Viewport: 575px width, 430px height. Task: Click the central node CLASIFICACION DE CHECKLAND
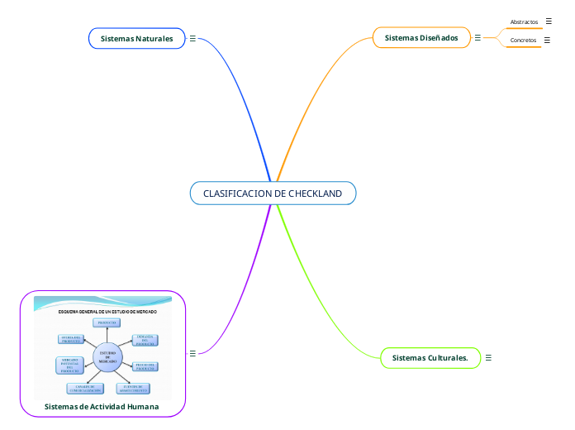(x=273, y=193)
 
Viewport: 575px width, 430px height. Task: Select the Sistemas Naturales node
(x=136, y=39)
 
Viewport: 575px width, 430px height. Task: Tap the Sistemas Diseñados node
(x=421, y=38)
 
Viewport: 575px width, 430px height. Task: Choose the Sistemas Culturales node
(x=430, y=358)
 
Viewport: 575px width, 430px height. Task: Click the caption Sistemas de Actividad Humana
(x=102, y=407)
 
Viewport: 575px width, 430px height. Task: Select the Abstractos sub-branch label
(x=524, y=21)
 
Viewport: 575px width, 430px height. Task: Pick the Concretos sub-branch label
(x=523, y=40)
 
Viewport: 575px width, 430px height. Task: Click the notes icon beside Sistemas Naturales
(x=192, y=39)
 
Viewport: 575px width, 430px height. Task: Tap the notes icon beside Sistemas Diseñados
(x=478, y=37)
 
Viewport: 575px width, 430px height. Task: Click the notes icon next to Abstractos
(x=549, y=21)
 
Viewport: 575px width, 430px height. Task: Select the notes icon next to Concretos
(x=547, y=39)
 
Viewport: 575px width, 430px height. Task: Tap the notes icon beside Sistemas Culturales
(x=488, y=358)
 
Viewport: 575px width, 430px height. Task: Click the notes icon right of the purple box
(x=192, y=353)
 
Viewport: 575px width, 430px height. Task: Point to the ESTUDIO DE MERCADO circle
(x=107, y=357)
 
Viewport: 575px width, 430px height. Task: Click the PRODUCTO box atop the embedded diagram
(x=107, y=322)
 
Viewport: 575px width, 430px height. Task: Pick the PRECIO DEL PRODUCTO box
(x=145, y=365)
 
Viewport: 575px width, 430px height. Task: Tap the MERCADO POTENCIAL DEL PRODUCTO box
(x=69, y=366)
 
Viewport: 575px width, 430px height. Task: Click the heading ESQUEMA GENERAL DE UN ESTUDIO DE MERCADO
(x=107, y=312)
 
